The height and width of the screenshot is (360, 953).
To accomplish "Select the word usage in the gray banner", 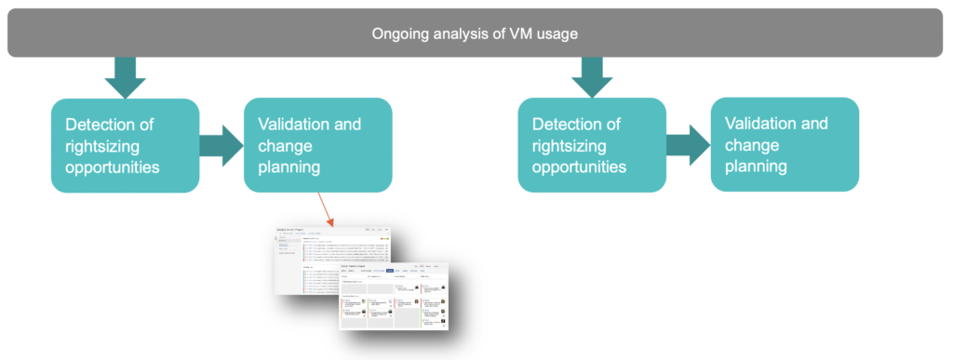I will coord(555,34).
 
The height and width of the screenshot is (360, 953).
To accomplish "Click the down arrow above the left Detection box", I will coord(125,77).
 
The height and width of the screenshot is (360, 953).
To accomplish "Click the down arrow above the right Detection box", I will coord(592,77).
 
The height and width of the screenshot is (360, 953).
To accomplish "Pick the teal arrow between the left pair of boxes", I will coord(221,146).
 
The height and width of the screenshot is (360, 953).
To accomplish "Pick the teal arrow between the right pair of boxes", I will coord(688,146).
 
